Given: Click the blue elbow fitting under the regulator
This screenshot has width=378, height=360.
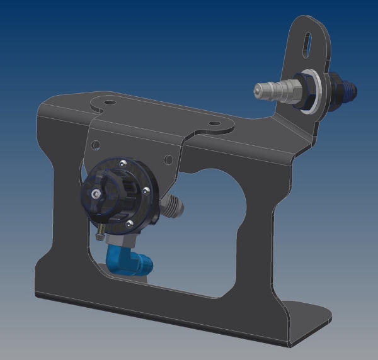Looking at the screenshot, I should (125, 259).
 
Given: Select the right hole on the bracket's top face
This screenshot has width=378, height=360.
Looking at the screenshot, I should (214, 124).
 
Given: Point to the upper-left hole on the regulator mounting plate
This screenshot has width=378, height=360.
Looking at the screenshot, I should (95, 145).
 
